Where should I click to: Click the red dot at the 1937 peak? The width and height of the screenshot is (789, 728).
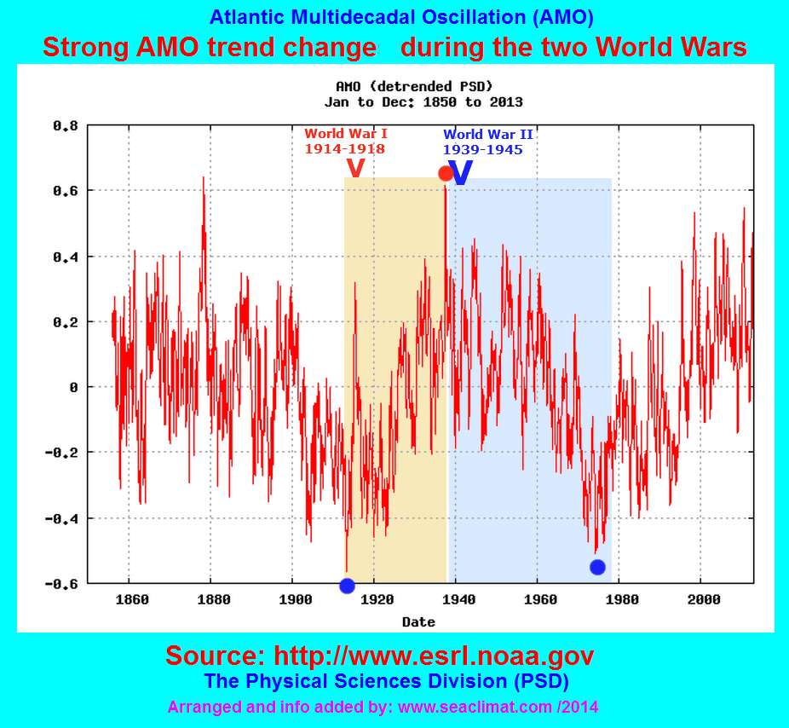pos(446,173)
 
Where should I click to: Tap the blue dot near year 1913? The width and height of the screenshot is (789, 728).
pos(347,586)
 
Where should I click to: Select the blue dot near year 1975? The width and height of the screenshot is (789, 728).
pos(597,567)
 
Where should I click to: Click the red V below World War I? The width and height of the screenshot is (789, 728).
pos(356,168)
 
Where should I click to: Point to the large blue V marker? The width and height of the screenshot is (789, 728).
pos(460,173)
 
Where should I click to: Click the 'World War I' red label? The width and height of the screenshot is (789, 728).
pos(345,134)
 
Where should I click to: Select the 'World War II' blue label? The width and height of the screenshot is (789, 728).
pos(488,135)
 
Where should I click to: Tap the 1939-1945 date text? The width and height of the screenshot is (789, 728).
pos(482,149)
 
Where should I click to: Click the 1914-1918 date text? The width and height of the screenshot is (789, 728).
pos(345,148)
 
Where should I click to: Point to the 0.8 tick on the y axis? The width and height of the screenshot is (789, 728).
pos(66,125)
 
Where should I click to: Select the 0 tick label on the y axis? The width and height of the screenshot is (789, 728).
pos(73,387)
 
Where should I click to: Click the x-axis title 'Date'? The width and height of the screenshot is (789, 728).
pos(418,622)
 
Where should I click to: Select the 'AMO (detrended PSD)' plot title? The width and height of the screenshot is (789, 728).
pos(414,86)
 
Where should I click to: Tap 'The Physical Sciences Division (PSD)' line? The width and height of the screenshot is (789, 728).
pos(386,681)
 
